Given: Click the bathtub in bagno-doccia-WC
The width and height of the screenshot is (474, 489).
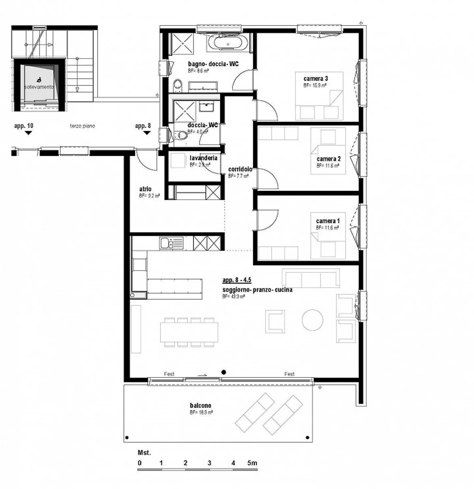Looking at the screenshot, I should click(x=227, y=43).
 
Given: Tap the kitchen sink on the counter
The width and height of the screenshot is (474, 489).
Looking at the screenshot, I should click(x=171, y=243).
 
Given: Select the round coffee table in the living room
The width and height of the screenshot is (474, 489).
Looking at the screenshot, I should click(x=312, y=320).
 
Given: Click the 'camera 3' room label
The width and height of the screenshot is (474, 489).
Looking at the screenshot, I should click(x=315, y=79).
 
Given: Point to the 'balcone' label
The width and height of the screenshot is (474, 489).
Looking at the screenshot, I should click(x=200, y=405).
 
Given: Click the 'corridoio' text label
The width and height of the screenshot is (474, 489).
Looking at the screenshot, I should click(x=240, y=169).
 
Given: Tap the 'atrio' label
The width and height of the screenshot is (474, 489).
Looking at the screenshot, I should click(x=145, y=189).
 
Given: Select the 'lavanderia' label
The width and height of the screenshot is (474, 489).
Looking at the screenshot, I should click(x=203, y=158).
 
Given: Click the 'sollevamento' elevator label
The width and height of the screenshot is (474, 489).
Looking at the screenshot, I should click(x=39, y=87).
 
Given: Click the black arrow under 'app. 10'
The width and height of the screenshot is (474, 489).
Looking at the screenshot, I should click(x=29, y=133).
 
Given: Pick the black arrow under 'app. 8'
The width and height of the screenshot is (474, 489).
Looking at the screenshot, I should click(x=147, y=133).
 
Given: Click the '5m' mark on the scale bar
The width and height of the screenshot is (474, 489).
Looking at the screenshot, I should click(x=252, y=463).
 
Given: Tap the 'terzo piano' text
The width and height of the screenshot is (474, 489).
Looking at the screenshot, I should click(x=82, y=126).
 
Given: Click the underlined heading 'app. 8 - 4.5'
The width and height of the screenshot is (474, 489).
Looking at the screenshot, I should click(x=237, y=280).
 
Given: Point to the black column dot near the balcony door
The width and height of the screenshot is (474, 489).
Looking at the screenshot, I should click(x=224, y=372).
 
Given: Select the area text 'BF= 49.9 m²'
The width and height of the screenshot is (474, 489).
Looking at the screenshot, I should click(x=233, y=296).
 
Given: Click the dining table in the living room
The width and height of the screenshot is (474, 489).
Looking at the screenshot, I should click(x=189, y=332).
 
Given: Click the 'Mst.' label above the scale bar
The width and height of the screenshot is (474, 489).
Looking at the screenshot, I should click(x=144, y=453).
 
